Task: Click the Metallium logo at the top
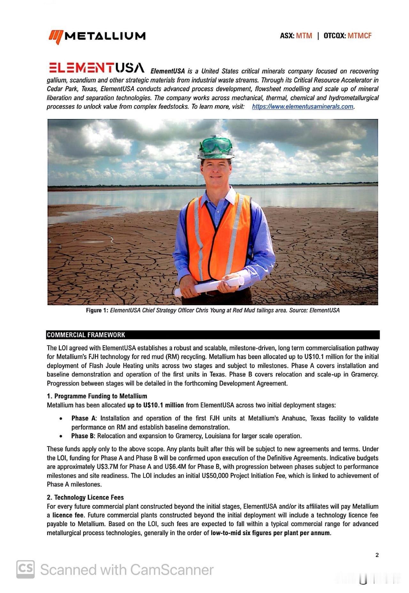coord(97,36)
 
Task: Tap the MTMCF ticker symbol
coord(359,36)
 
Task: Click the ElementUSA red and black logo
coord(96,68)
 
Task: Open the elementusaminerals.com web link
coord(303,107)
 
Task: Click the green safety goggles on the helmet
coord(216,144)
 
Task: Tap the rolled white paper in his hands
coord(209,286)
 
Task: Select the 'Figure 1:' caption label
coord(97,310)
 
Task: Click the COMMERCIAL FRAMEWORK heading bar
coord(213,335)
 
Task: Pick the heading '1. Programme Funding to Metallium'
coord(97,396)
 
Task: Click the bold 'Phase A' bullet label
coord(84,418)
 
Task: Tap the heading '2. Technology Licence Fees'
coord(85,497)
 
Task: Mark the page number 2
coord(377,555)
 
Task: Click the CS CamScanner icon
coord(26,569)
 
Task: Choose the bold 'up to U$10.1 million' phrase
coord(156,405)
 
